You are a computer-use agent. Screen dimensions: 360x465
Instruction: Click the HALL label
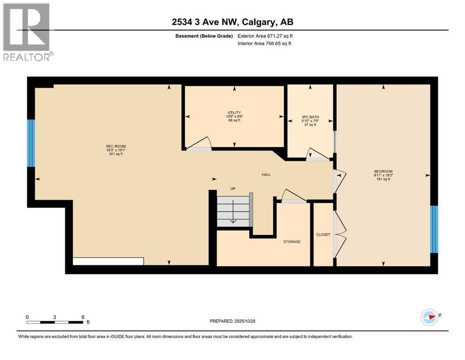coord(266,175)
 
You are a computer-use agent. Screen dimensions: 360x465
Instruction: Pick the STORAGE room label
coord(292,242)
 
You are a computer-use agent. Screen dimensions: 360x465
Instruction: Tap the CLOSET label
coord(323,235)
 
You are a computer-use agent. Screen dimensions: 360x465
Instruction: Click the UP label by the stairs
coord(232,188)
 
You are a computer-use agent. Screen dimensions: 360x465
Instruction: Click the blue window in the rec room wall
coord(31,143)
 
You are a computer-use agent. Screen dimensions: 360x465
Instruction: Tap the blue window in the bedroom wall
coord(434,229)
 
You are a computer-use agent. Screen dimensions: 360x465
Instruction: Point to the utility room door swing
coord(197,143)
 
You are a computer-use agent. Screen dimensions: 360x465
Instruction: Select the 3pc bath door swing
coord(316,155)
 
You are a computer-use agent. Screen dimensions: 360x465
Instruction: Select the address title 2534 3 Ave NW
coord(232,22)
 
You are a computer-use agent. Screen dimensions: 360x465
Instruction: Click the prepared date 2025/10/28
coord(232,321)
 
